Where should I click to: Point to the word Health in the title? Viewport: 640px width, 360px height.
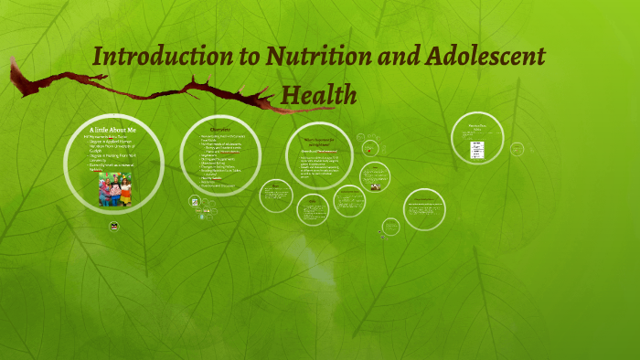318,93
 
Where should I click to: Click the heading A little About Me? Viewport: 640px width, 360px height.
114,132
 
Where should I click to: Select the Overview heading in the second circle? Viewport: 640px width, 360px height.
219,129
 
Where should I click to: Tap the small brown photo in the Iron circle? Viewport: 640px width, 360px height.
374,187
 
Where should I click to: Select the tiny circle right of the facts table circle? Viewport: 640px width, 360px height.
517,148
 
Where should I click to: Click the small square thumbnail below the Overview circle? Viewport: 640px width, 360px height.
195,201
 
